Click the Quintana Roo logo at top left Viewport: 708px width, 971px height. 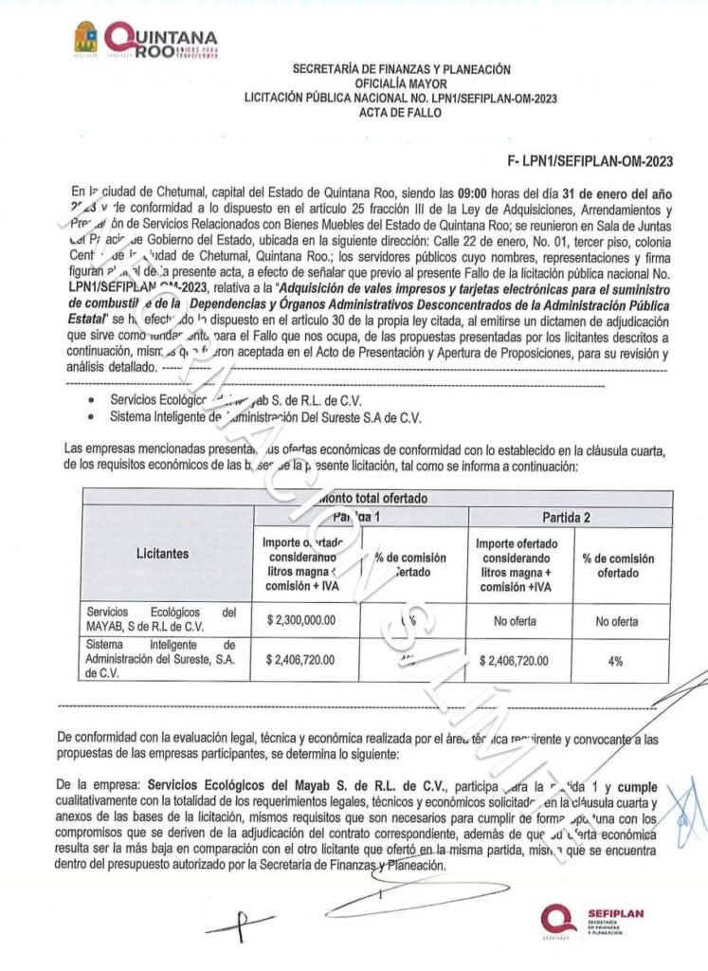(x=147, y=40)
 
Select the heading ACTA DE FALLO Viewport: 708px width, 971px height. (x=401, y=113)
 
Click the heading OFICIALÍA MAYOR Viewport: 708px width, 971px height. (x=401, y=83)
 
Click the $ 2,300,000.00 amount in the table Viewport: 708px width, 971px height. (x=307, y=621)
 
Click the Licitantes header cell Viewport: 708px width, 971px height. (x=168, y=552)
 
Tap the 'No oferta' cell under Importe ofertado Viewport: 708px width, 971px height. (x=517, y=621)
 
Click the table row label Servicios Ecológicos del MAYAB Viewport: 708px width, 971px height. (x=160, y=619)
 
